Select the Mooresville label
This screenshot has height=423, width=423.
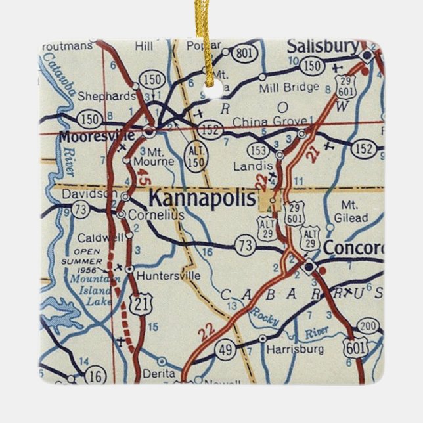tap(97, 136)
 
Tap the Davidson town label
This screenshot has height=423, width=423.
tap(90, 194)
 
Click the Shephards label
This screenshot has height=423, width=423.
tap(106, 96)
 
